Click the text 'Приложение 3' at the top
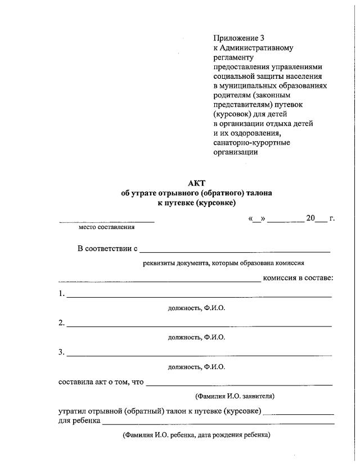(x=240, y=38)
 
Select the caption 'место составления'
(x=106, y=227)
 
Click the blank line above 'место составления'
(x=107, y=221)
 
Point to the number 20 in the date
(x=310, y=218)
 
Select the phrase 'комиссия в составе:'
(x=298, y=278)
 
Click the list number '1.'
(x=62, y=294)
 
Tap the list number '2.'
(x=62, y=323)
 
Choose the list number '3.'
(x=62, y=352)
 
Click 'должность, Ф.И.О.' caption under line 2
(x=196, y=337)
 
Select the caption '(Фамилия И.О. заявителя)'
(x=235, y=396)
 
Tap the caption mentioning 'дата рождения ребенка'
(x=196, y=435)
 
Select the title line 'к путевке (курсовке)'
(x=196, y=203)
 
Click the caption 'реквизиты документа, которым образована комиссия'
(x=224, y=263)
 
